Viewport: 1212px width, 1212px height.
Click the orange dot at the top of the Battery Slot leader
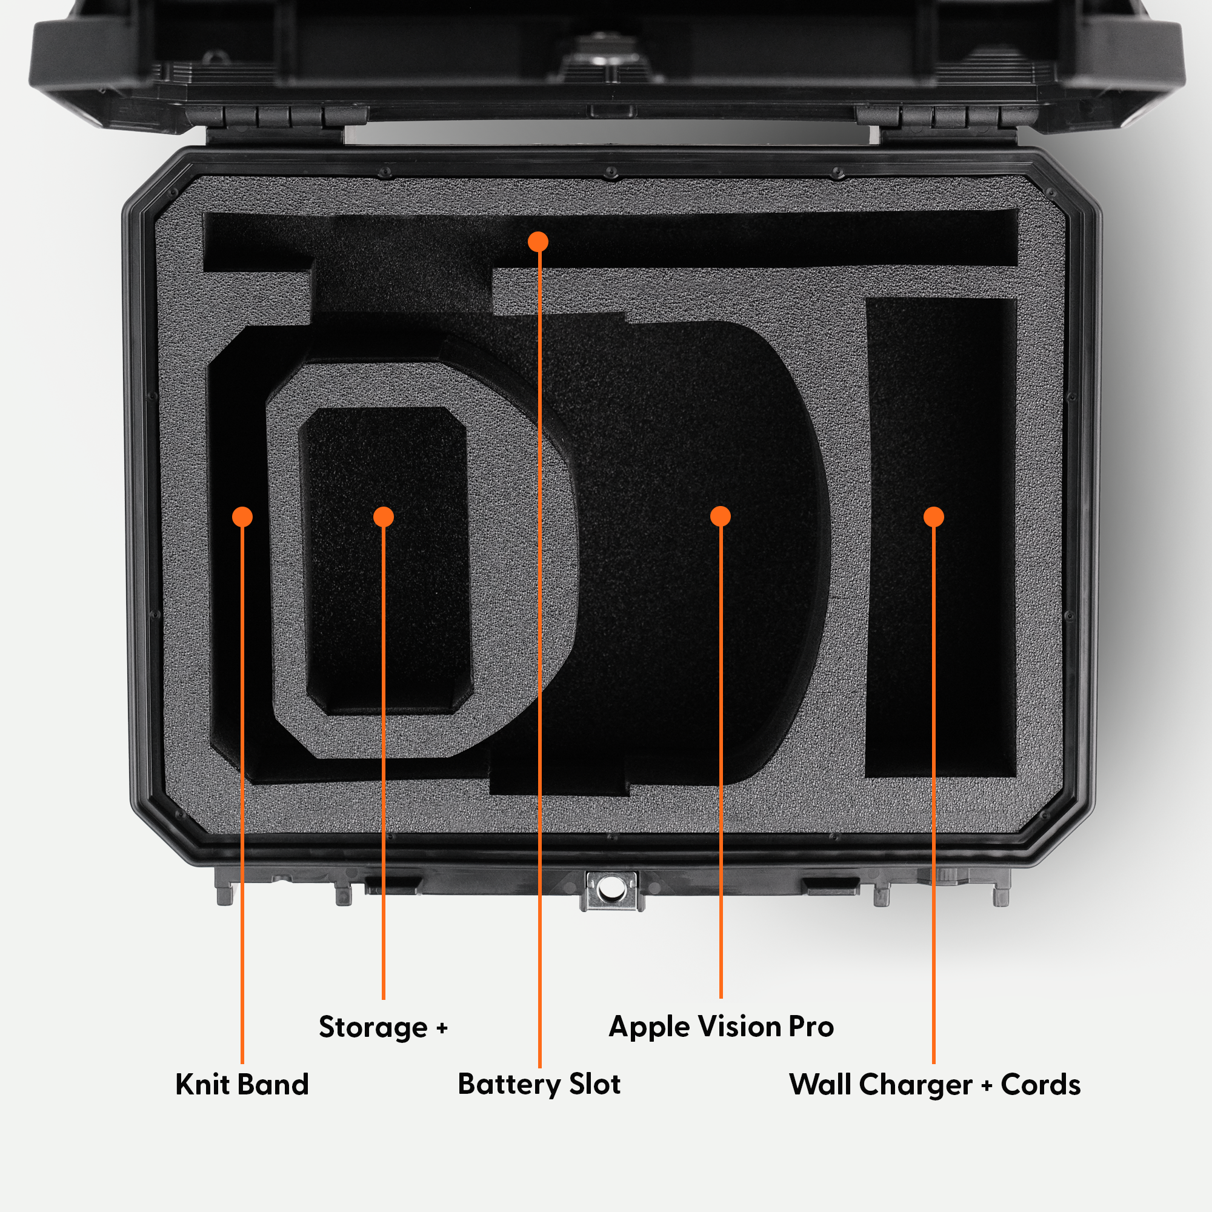[538, 242]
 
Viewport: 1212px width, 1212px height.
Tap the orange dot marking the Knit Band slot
[242, 516]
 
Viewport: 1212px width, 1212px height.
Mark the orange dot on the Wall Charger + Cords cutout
[933, 516]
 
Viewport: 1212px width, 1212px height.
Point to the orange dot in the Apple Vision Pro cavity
[720, 516]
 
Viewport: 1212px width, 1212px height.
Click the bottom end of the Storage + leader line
[384, 999]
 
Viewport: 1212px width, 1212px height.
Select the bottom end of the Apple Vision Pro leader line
[721, 997]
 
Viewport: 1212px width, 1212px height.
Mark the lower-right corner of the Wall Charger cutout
[1016, 777]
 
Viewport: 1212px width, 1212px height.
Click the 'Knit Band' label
[242, 1085]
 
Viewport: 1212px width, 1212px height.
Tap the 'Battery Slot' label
[539, 1085]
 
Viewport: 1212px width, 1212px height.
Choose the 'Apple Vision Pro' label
[721, 1028]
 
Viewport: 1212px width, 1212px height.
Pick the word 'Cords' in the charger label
[1041, 1085]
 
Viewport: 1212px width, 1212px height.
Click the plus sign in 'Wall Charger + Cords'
[987, 1085]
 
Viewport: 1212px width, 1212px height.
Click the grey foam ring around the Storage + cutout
[285, 565]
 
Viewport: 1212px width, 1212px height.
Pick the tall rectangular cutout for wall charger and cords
[941, 538]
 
